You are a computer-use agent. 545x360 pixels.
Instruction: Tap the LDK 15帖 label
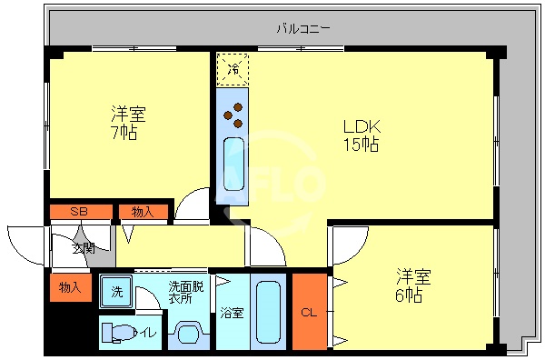pyautogui.click(x=360, y=135)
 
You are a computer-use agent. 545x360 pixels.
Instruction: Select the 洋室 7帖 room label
pyautogui.click(x=128, y=123)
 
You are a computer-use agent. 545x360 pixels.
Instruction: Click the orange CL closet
pyautogui.click(x=309, y=312)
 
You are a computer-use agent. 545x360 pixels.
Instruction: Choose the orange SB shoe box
pyautogui.click(x=80, y=212)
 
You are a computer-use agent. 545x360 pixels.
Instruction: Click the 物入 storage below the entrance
pyautogui.click(x=70, y=287)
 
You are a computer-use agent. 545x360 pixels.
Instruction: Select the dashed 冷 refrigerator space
pyautogui.click(x=233, y=69)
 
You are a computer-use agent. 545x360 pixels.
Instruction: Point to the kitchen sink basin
pyautogui.click(x=233, y=164)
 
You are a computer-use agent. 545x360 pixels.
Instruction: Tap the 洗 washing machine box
pyautogui.click(x=116, y=293)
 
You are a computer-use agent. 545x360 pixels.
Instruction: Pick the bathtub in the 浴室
pyautogui.click(x=269, y=311)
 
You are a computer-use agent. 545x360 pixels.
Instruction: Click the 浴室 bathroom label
pyautogui.click(x=232, y=314)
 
